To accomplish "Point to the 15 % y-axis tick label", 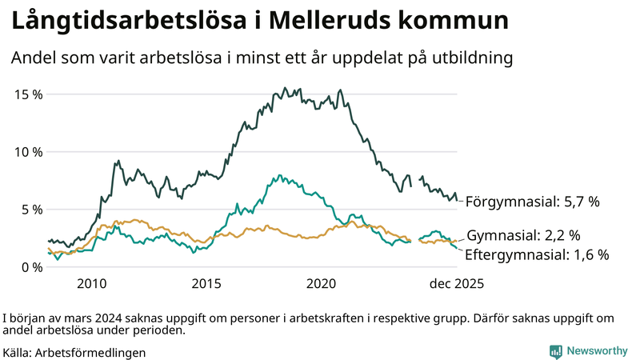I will [x=29, y=94].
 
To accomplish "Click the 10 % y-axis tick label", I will [x=29, y=151].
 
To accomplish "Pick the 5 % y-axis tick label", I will [x=33, y=209].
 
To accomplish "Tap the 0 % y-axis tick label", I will [x=33, y=266].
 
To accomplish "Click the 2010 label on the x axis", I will [x=91, y=283].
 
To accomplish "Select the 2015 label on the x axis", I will [x=206, y=283].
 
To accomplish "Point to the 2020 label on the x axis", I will [x=322, y=283].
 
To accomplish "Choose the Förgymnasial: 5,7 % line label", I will [x=532, y=202].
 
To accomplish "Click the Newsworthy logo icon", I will [x=555, y=351].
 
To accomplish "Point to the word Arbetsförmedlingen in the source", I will [x=90, y=352].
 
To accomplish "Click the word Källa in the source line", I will [x=17, y=352].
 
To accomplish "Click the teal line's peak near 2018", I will [x=278, y=175].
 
